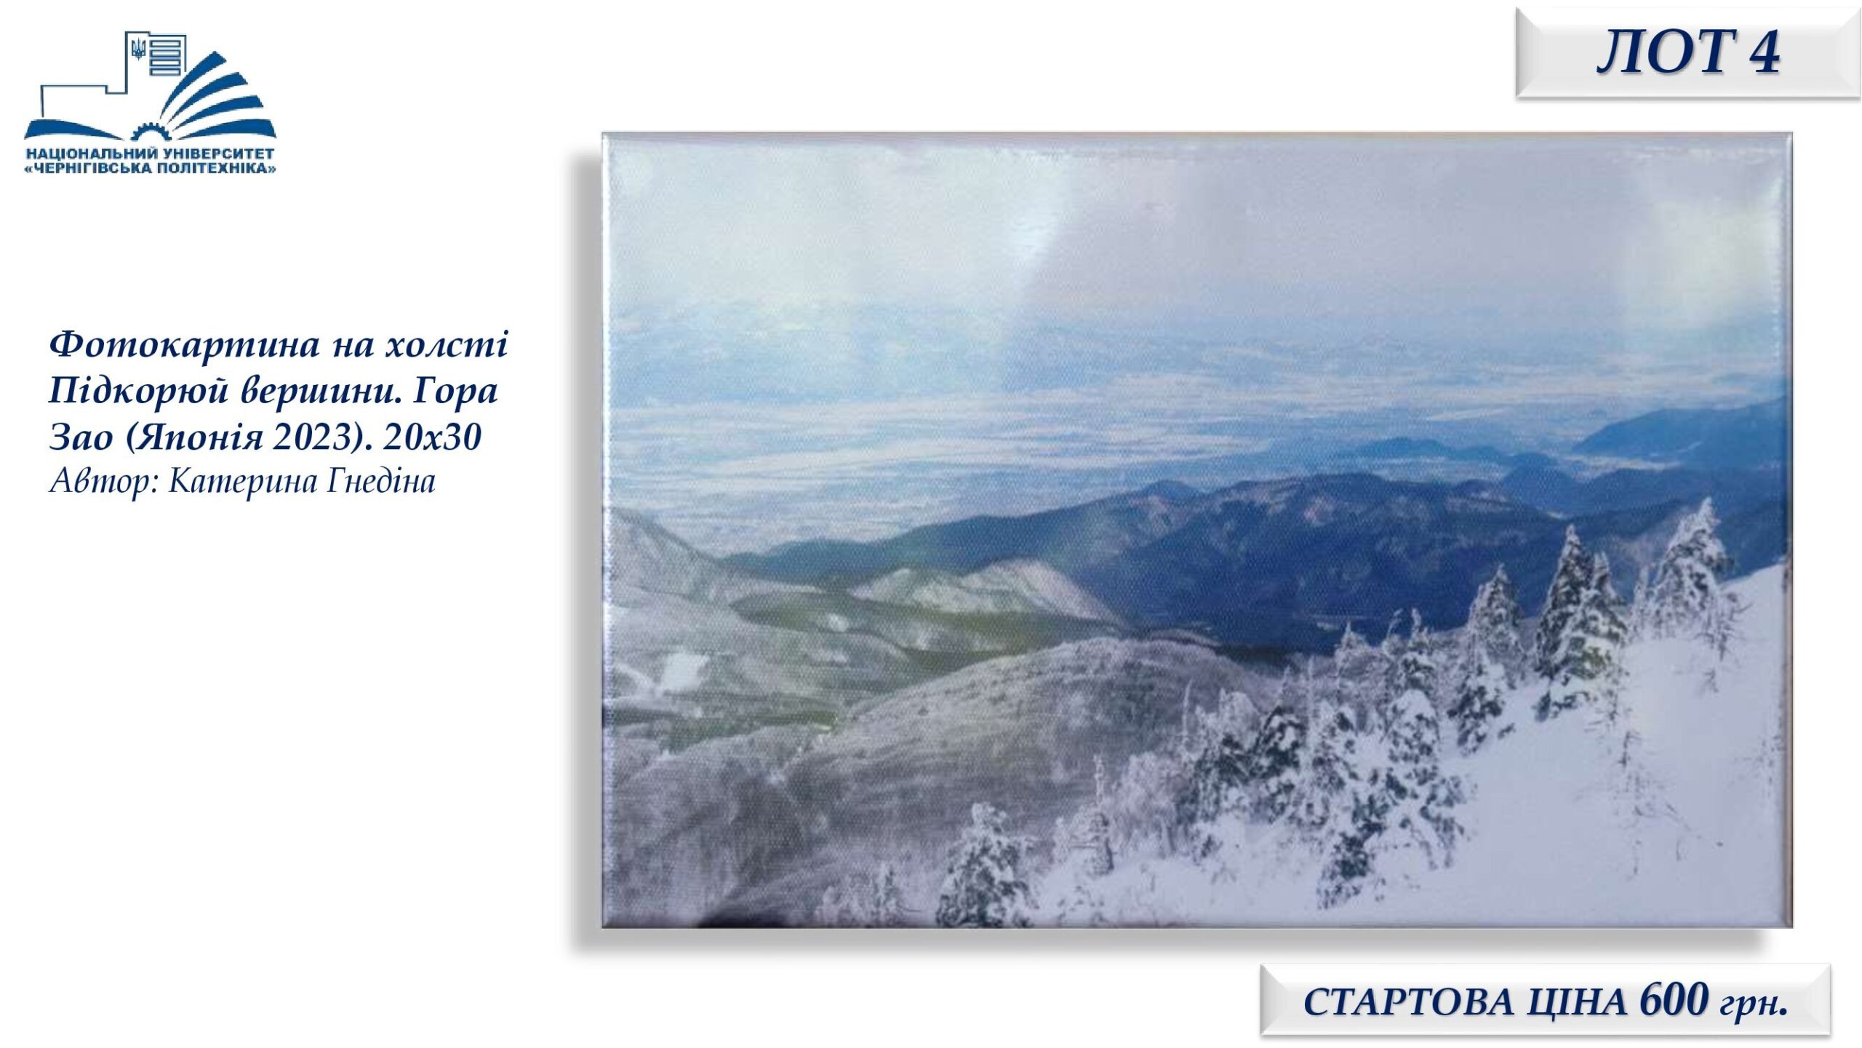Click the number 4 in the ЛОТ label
(1759, 52)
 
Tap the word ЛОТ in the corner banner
(1660, 52)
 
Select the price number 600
(1672, 1000)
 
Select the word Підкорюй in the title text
(138, 391)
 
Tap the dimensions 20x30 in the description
(433, 437)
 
